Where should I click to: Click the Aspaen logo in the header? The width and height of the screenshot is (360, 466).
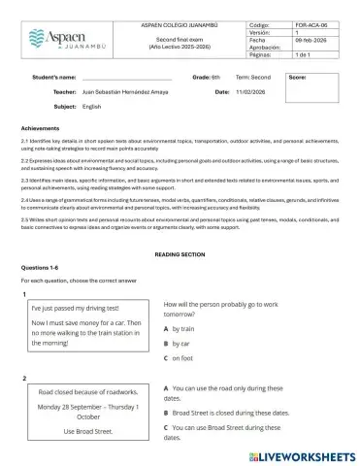tap(57, 36)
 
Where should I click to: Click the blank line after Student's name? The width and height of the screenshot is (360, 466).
tap(126, 76)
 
